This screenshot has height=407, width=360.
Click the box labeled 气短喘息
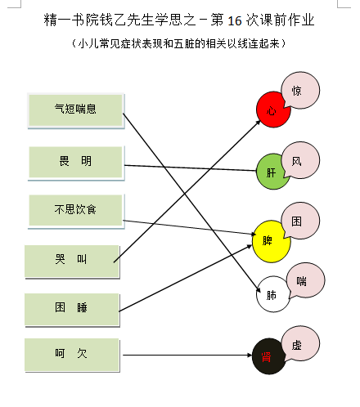click(x=76, y=110)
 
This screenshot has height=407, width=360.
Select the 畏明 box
click(x=76, y=163)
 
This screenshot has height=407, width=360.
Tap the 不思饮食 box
click(x=76, y=212)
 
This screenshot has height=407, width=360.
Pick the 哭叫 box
click(x=72, y=262)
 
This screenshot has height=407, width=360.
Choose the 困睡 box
click(x=72, y=310)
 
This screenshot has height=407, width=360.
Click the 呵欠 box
click(x=72, y=355)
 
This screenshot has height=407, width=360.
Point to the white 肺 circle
click(x=272, y=294)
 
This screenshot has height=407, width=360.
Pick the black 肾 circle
click(x=268, y=356)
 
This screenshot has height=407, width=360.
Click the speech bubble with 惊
click(x=300, y=90)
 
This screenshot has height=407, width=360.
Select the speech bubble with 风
click(x=300, y=160)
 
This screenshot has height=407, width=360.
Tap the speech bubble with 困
click(x=300, y=221)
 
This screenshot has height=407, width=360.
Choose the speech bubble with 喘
click(x=305, y=280)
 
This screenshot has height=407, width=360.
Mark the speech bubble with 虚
click(x=300, y=344)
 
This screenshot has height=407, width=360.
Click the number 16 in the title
click(x=235, y=20)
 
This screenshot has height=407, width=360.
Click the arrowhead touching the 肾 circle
click(x=250, y=355)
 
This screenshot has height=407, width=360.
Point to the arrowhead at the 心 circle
click(x=258, y=123)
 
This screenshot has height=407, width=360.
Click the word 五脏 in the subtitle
click(x=184, y=43)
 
